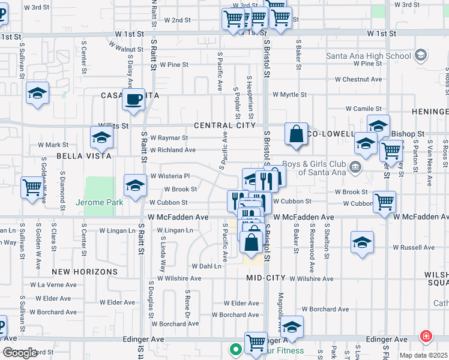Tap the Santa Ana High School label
[368, 56]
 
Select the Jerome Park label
[99, 203]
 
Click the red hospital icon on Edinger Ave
[426, 337]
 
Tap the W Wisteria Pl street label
[170, 176]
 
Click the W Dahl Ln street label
[206, 266]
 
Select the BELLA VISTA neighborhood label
[84, 156]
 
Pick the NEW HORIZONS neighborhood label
[88, 272]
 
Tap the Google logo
[19, 353]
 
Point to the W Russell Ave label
[413, 247]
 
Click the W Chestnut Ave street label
[358, 79]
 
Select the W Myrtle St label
[289, 95]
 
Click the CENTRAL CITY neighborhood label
[224, 125]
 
